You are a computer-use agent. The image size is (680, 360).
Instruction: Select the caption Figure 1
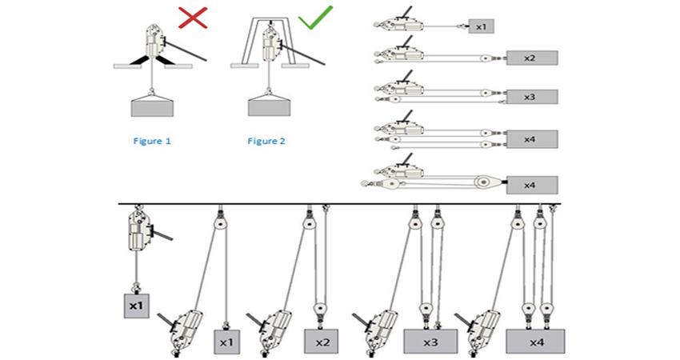point(152,141)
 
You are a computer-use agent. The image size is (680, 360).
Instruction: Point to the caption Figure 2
point(266,141)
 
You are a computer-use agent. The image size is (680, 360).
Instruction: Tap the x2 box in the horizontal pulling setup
point(531,58)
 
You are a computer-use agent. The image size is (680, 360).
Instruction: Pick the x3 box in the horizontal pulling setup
point(531,96)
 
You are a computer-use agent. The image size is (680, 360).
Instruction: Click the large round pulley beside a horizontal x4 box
point(482,182)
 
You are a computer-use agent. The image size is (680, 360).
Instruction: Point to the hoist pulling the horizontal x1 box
point(398,25)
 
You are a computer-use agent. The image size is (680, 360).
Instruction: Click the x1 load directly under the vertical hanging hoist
point(135,305)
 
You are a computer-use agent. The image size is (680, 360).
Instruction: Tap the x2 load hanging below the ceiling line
point(322,341)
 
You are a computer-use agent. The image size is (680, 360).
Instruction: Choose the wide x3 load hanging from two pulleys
point(431,341)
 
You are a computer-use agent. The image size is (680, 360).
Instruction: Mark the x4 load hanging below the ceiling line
point(537,341)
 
